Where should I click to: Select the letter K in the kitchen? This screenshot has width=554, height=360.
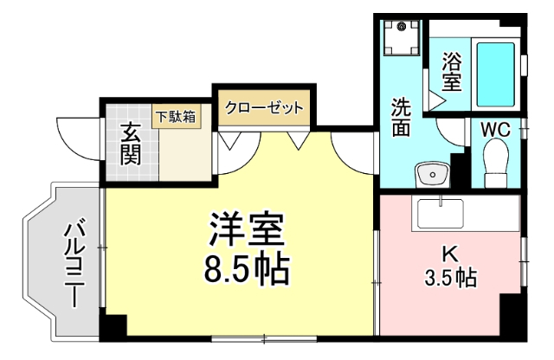coord(449,254)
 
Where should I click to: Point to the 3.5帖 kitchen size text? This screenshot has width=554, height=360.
coord(449,279)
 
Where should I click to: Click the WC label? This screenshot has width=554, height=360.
coord(495,129)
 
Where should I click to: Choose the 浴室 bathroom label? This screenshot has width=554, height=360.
coord(451,72)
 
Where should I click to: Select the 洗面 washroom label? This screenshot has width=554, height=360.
coord(401,119)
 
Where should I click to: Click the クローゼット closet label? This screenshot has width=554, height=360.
coord(264,108)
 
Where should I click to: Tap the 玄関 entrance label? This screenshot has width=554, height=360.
coord(131,144)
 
